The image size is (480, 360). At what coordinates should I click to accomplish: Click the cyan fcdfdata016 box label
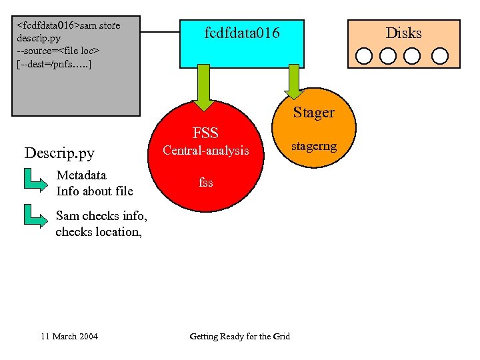242,33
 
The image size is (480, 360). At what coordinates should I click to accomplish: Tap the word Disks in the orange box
404,33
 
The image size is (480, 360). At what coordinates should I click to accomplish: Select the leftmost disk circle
364,55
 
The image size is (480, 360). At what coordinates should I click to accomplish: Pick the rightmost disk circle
440,55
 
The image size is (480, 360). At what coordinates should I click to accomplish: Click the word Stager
314,113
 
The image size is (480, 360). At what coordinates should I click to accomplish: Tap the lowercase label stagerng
314,145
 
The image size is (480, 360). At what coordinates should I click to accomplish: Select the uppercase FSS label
205,133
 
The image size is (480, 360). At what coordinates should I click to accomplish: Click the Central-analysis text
206,151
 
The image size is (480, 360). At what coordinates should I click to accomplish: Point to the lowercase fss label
206,181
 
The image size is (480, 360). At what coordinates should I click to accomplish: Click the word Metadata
81,175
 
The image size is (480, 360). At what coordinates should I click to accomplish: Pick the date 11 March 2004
69,336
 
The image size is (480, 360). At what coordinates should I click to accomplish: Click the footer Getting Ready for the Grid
239,336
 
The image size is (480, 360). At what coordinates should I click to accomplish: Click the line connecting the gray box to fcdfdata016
160,31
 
